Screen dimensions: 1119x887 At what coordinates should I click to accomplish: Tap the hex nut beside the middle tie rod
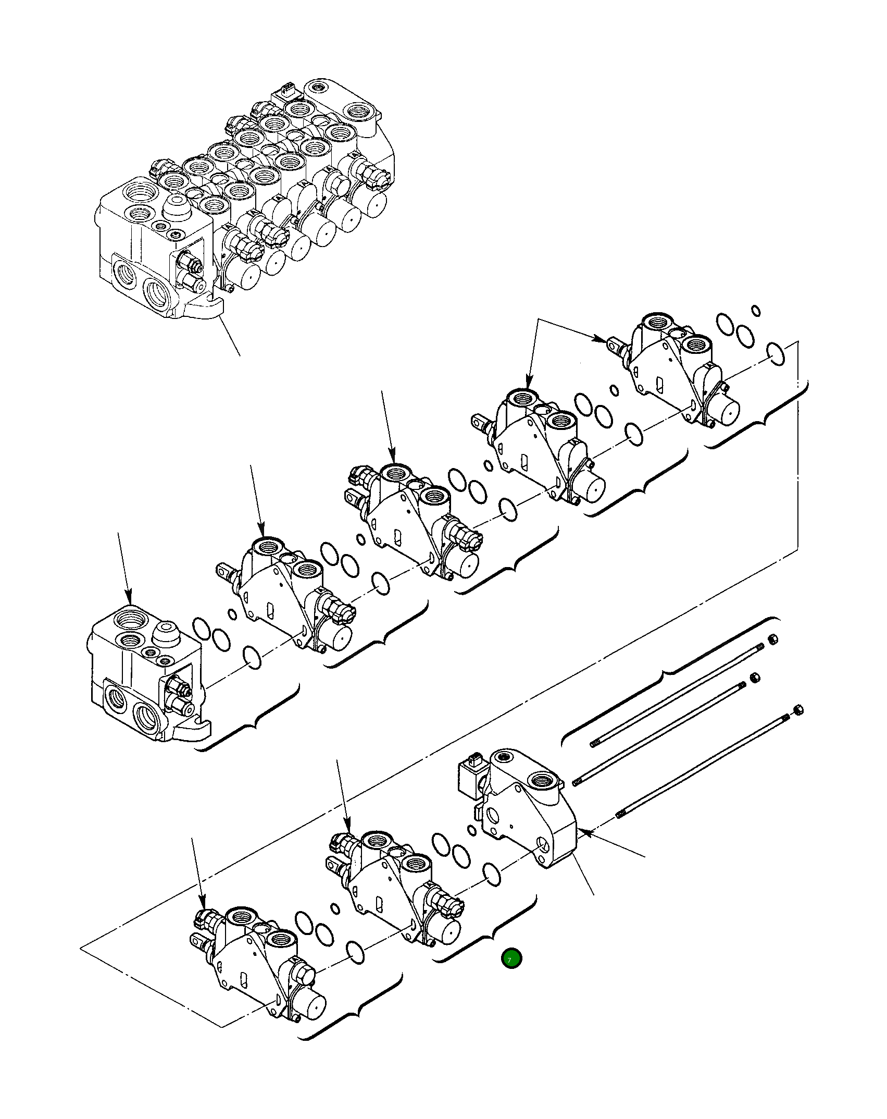coord(754,677)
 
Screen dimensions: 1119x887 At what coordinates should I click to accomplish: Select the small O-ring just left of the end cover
coord(471,830)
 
